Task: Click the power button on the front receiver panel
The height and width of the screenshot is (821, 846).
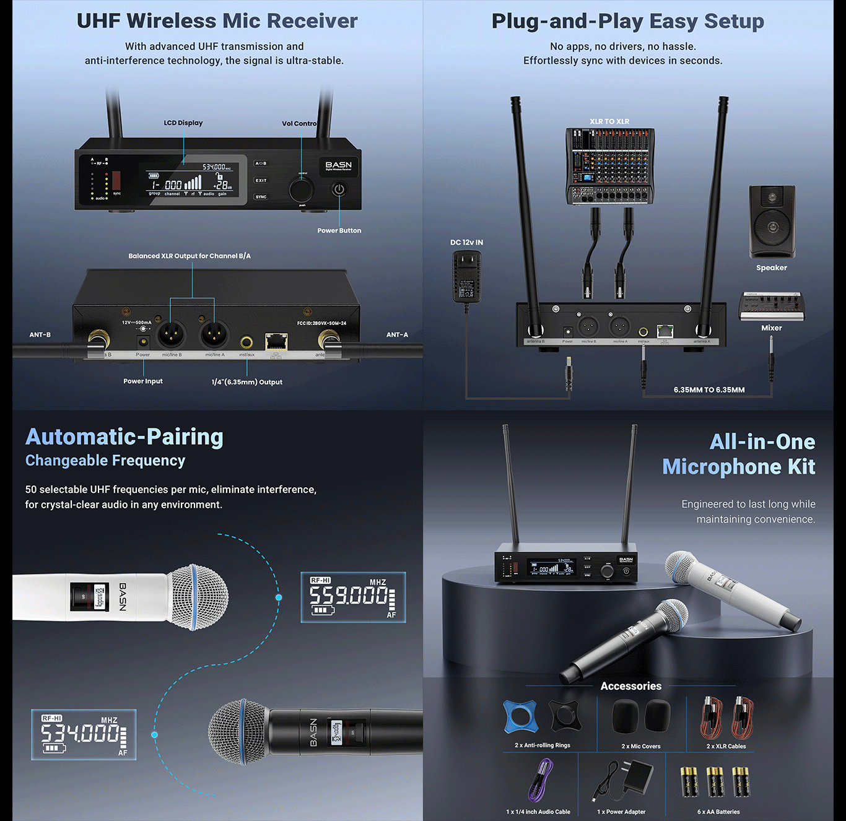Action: (339, 189)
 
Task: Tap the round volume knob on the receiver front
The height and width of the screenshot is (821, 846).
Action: (302, 189)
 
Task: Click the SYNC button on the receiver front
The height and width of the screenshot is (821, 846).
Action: (261, 197)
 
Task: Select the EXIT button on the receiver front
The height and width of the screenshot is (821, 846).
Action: (261, 180)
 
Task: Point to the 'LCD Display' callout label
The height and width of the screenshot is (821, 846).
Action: (183, 123)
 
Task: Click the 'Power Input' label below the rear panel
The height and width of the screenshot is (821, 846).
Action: (143, 381)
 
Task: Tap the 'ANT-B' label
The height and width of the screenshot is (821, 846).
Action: (40, 335)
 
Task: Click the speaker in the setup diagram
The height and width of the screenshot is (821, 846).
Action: (772, 221)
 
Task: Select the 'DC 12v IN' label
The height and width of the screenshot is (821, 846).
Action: (466, 243)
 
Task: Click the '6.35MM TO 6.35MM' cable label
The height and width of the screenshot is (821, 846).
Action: (709, 390)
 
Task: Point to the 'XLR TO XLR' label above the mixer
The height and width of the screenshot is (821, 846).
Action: (609, 121)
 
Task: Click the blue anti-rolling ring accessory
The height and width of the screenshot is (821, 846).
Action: (520, 717)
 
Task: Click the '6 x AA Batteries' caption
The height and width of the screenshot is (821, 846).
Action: (718, 812)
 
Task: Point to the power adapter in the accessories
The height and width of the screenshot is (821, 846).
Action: (626, 781)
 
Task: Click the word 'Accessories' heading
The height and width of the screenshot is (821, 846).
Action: (630, 686)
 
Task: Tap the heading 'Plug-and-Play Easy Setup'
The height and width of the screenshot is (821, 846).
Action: (627, 21)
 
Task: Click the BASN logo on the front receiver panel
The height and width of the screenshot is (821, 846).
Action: (338, 165)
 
